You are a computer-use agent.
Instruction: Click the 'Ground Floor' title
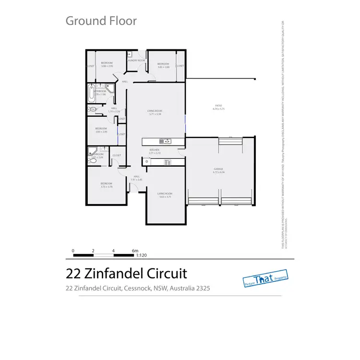[x=101, y=21]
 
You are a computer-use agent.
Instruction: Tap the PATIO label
[x=218, y=106]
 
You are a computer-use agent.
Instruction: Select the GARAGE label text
[x=219, y=168]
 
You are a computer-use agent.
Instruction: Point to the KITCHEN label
[x=154, y=150]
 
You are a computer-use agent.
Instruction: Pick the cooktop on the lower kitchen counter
[x=167, y=162]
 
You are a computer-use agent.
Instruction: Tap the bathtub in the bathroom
[x=91, y=93]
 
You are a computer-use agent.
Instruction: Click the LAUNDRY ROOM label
[x=136, y=60]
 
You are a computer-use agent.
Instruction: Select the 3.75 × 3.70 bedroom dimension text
[x=107, y=187]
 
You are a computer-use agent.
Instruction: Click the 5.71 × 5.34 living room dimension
[x=155, y=114]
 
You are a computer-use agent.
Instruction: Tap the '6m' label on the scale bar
[x=135, y=251]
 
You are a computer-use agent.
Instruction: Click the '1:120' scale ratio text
[x=141, y=256]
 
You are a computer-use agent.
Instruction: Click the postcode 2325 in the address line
[x=202, y=288]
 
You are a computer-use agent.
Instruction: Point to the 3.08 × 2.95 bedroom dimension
[x=107, y=66]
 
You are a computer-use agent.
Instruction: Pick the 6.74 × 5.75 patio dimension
[x=218, y=109]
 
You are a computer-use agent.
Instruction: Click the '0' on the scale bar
[x=73, y=251]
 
